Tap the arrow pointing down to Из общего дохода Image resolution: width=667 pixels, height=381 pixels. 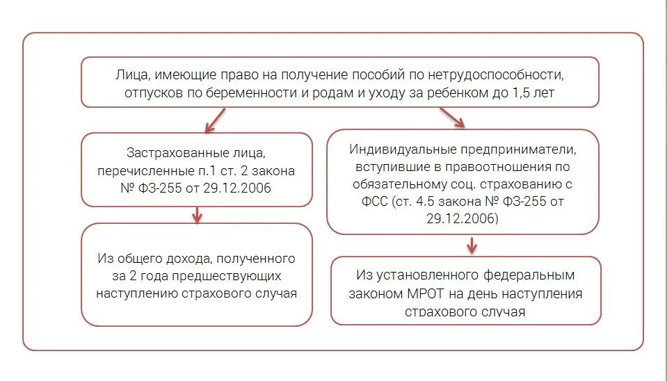tap(197, 214)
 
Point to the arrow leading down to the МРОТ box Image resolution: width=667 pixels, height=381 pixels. tap(472, 245)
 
